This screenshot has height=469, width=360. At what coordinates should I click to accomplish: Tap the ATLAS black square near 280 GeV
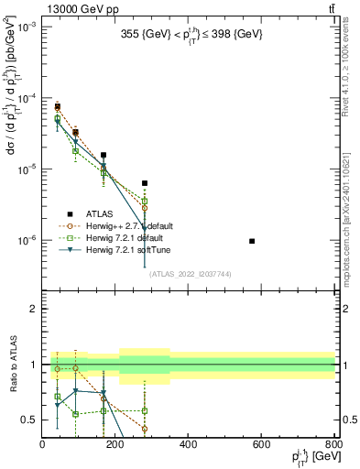point(144,183)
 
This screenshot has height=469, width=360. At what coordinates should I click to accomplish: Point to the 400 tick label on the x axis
point(189,444)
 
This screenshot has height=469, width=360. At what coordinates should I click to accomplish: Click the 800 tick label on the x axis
point(333,444)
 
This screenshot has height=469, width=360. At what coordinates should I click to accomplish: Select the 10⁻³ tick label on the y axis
point(27,27)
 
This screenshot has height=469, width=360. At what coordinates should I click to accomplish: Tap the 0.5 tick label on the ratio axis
point(30,420)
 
